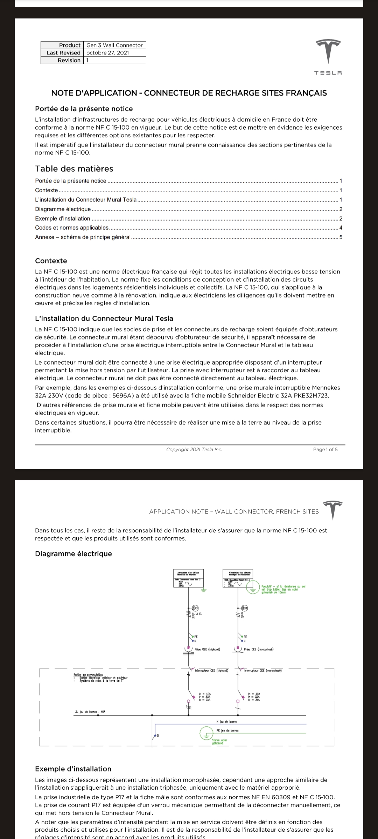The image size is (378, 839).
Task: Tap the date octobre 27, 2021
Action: point(107,53)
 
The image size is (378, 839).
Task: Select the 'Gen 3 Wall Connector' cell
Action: point(114,45)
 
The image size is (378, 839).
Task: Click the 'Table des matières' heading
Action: point(74,169)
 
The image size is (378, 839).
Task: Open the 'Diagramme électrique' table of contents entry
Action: point(63,209)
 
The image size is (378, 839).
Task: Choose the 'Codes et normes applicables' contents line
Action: point(72,228)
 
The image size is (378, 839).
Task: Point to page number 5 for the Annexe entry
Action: point(341,237)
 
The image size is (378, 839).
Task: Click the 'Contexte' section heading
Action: point(51,261)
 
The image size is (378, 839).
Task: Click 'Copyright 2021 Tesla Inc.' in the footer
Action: point(194,450)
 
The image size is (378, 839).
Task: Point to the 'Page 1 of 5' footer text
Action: point(325,450)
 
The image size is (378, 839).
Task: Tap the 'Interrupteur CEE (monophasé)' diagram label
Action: point(263,671)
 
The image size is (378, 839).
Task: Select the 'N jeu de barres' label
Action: point(227,722)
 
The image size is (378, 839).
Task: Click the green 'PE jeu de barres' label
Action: point(228,731)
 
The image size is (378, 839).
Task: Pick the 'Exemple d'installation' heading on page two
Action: point(73,769)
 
